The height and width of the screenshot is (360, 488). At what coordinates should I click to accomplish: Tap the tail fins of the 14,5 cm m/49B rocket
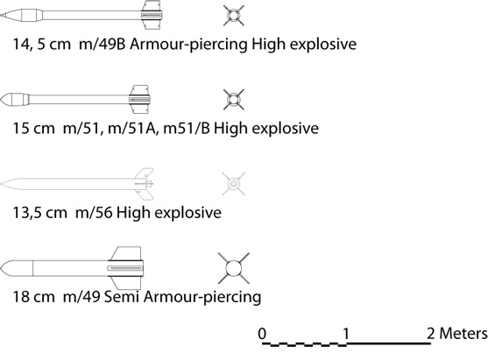(x=152, y=15)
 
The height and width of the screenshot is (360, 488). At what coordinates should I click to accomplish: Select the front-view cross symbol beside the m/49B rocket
(x=234, y=15)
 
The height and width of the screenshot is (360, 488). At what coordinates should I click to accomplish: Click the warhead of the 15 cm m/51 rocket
(x=15, y=100)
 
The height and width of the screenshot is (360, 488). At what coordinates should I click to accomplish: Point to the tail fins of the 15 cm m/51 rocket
(x=139, y=100)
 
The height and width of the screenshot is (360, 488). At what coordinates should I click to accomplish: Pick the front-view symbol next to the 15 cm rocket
(x=234, y=100)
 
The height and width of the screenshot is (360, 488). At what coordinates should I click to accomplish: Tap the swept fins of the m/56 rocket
(x=144, y=184)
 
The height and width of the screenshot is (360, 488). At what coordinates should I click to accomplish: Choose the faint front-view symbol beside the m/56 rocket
(x=233, y=184)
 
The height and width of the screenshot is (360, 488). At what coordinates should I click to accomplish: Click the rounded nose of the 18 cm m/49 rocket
(x=17, y=268)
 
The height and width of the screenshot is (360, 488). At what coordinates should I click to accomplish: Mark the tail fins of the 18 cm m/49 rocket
(x=126, y=268)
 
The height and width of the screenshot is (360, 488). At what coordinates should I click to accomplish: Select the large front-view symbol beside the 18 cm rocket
(x=234, y=268)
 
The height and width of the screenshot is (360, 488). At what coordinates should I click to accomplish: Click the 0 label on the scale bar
(x=262, y=334)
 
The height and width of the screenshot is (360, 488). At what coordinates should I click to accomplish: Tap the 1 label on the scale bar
(x=346, y=334)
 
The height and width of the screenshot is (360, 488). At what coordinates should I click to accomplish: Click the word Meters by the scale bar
(x=463, y=334)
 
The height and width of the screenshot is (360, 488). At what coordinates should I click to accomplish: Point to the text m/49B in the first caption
(x=103, y=44)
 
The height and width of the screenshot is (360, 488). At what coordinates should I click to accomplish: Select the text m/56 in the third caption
(x=94, y=213)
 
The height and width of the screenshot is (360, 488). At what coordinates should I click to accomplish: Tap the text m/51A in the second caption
(x=132, y=128)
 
